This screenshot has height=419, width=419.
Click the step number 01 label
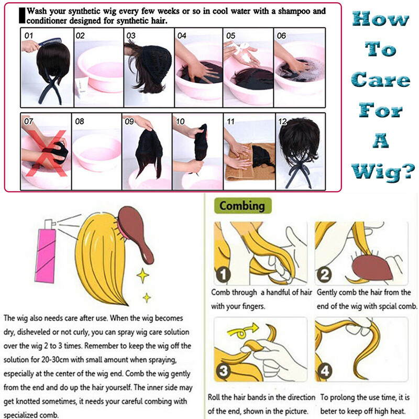pyautogui.click(x=29, y=36)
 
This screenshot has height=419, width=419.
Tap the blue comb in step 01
pyautogui.click(x=50, y=42)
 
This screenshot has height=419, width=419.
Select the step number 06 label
pyautogui.click(x=281, y=36)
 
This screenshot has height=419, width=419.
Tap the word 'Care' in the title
pyautogui.click(x=381, y=80)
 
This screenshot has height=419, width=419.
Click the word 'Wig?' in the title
pyautogui.click(x=383, y=172)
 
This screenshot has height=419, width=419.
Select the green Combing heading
pyautogui.click(x=242, y=206)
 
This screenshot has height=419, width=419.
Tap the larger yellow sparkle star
pyautogui.click(x=142, y=275)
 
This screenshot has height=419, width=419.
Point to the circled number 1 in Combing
pyautogui.click(x=223, y=275)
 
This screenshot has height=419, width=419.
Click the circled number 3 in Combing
pyautogui.click(x=223, y=371)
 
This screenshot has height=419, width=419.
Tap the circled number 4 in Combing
pyautogui.click(x=325, y=371)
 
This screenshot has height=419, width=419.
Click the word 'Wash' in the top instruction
pyautogui.click(x=37, y=12)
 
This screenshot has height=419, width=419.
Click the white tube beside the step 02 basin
pyautogui.click(x=80, y=88)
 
